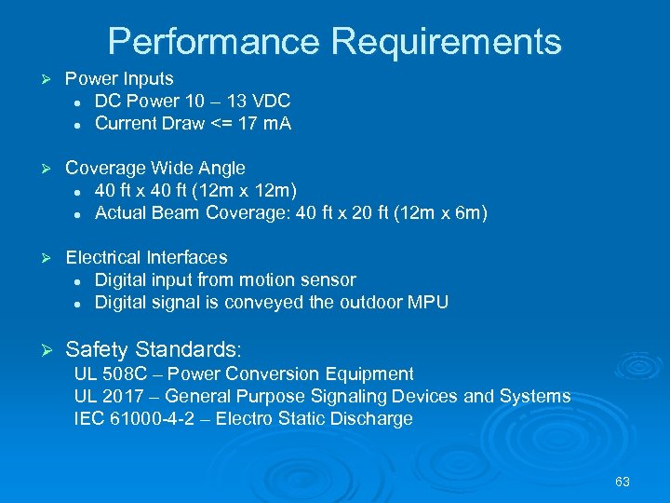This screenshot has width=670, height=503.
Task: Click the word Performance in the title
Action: click(213, 42)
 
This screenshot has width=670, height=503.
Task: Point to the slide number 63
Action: click(623, 482)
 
